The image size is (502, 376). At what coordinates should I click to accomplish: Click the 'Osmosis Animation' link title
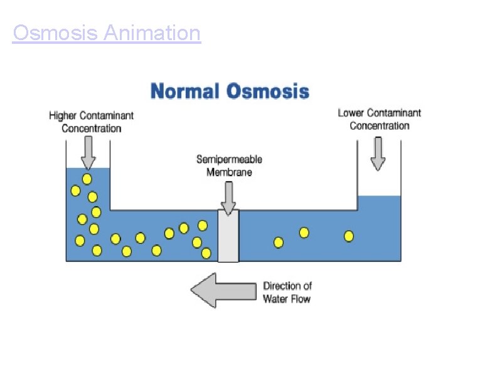[x=107, y=33]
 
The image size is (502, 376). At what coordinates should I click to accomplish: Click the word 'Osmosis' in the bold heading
[x=268, y=91]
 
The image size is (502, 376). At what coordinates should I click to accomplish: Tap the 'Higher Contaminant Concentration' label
[x=92, y=122]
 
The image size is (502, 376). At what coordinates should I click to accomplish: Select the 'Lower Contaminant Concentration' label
[x=379, y=119]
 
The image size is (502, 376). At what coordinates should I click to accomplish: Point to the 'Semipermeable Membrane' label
[x=229, y=165]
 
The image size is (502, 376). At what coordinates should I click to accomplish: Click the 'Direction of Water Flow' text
[x=287, y=293]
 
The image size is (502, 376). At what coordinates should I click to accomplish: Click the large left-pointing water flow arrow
[x=223, y=290]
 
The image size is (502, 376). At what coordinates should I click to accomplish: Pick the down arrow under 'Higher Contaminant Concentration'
[x=88, y=153]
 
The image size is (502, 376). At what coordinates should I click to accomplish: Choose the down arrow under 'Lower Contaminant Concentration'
[x=378, y=154]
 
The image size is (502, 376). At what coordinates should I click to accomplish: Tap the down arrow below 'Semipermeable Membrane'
[x=228, y=197]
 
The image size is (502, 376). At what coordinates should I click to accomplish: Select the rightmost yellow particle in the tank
[x=349, y=236]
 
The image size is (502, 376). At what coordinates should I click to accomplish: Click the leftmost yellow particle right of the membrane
[x=279, y=242]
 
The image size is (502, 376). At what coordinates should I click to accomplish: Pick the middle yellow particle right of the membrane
[x=304, y=232]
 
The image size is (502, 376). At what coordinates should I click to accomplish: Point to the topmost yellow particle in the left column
[x=87, y=179]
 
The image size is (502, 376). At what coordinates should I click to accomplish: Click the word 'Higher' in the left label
[x=63, y=116]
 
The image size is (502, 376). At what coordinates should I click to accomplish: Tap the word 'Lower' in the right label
[x=351, y=113]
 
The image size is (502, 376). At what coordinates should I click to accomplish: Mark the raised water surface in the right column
[x=379, y=197]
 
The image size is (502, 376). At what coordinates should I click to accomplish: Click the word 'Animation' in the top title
[x=152, y=33]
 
